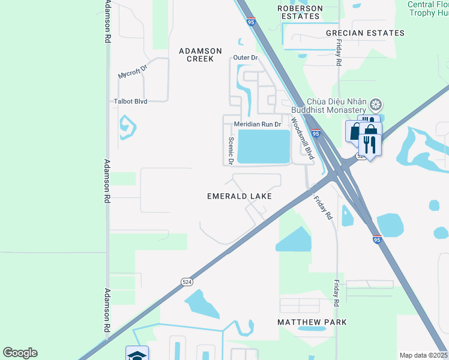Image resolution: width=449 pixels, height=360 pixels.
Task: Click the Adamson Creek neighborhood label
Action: coord(200,55)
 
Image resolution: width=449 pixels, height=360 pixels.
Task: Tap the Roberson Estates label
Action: coord(300,12)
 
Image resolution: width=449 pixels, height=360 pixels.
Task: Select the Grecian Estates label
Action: coord(365,33)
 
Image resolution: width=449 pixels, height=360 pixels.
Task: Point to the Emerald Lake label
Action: coord(239,196)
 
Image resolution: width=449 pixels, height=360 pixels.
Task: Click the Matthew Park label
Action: coord(312,322)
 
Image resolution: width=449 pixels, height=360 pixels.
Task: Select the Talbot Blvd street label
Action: coord(131,102)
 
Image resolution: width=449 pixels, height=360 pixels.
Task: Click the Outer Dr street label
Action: coord(246,58)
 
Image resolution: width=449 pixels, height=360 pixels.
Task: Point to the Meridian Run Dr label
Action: coord(258,124)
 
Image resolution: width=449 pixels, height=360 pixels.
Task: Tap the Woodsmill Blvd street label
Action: coord(303,139)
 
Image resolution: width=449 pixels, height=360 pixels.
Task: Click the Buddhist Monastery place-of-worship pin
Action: coord(376,106)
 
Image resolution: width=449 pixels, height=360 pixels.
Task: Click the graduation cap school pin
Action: coord(137,354)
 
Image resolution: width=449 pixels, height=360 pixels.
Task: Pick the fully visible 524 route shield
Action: coord(187,281)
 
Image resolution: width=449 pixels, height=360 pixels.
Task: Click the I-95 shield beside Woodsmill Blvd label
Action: coord(316,133)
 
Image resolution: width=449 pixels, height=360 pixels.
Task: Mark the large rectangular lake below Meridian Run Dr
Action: coord(264,146)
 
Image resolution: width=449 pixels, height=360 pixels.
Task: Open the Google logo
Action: coord(20,353)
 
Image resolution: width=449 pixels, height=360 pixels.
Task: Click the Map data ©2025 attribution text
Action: coord(423,355)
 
